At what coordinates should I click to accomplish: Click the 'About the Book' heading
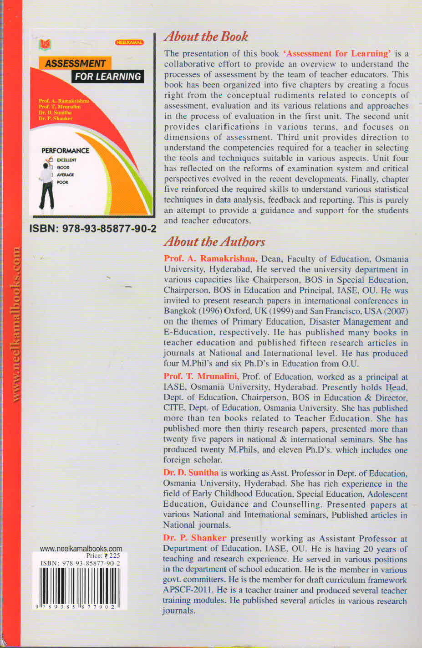(206, 36)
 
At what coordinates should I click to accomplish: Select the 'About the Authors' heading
(214, 242)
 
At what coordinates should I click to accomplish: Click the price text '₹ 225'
(112, 556)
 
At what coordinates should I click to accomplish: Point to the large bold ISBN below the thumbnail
(93, 229)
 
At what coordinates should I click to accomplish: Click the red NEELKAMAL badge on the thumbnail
(129, 42)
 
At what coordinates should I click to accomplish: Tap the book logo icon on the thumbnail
(45, 45)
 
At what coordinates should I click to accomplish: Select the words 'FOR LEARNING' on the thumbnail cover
(108, 77)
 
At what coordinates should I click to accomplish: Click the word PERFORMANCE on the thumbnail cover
(65, 150)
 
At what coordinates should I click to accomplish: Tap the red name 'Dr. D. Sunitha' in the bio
(191, 473)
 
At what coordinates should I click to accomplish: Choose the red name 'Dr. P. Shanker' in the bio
(194, 538)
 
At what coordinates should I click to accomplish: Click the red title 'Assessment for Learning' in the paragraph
(337, 53)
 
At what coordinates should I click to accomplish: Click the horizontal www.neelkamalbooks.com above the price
(81, 549)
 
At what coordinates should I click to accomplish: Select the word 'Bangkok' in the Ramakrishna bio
(179, 311)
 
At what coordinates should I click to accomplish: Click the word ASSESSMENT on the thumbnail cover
(75, 63)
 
